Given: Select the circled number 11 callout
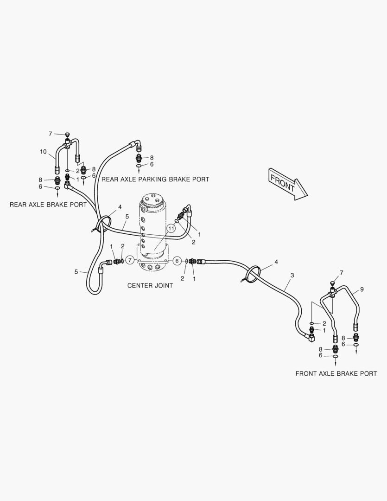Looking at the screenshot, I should click(171, 228).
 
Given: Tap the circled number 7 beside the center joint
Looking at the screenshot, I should click(130, 261).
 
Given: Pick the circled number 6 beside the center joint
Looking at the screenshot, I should click(177, 261).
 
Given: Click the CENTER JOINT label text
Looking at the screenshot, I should click(150, 285).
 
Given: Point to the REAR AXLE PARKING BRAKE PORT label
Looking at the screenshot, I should click(155, 179).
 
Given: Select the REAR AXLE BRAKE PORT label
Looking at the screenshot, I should click(48, 204).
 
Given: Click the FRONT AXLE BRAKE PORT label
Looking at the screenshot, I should click(336, 373).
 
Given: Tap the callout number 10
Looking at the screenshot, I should click(43, 152).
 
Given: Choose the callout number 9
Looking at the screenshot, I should click(362, 289).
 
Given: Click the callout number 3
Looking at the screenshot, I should click(292, 276).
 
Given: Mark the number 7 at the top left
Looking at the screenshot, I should click(51, 134).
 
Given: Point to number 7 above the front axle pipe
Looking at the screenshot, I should click(342, 273).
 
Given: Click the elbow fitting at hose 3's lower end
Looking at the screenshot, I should click(310, 338).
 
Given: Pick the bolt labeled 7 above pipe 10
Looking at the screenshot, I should click(67, 135).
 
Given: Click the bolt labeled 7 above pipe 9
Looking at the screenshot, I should click(332, 283).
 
